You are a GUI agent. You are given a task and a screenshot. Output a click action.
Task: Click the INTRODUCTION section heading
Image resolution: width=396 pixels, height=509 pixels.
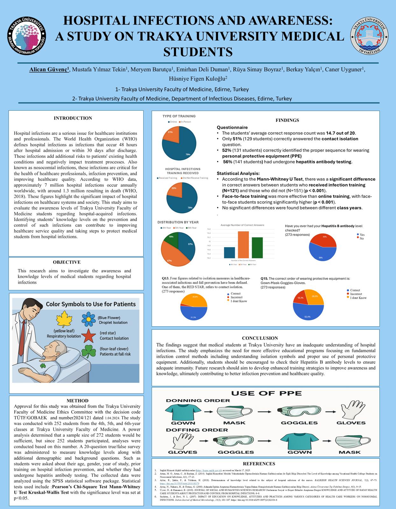click(73, 118)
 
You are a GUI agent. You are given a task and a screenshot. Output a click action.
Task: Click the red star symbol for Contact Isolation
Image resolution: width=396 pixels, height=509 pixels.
click(88, 335)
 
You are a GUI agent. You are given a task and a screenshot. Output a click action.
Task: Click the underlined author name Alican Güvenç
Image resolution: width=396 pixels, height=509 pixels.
click(49, 70)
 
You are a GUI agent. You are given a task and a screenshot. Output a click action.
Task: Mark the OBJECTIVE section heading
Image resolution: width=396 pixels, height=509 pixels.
click(67, 262)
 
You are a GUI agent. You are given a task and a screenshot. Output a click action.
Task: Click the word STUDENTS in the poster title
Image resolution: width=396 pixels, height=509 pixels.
click(198, 52)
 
